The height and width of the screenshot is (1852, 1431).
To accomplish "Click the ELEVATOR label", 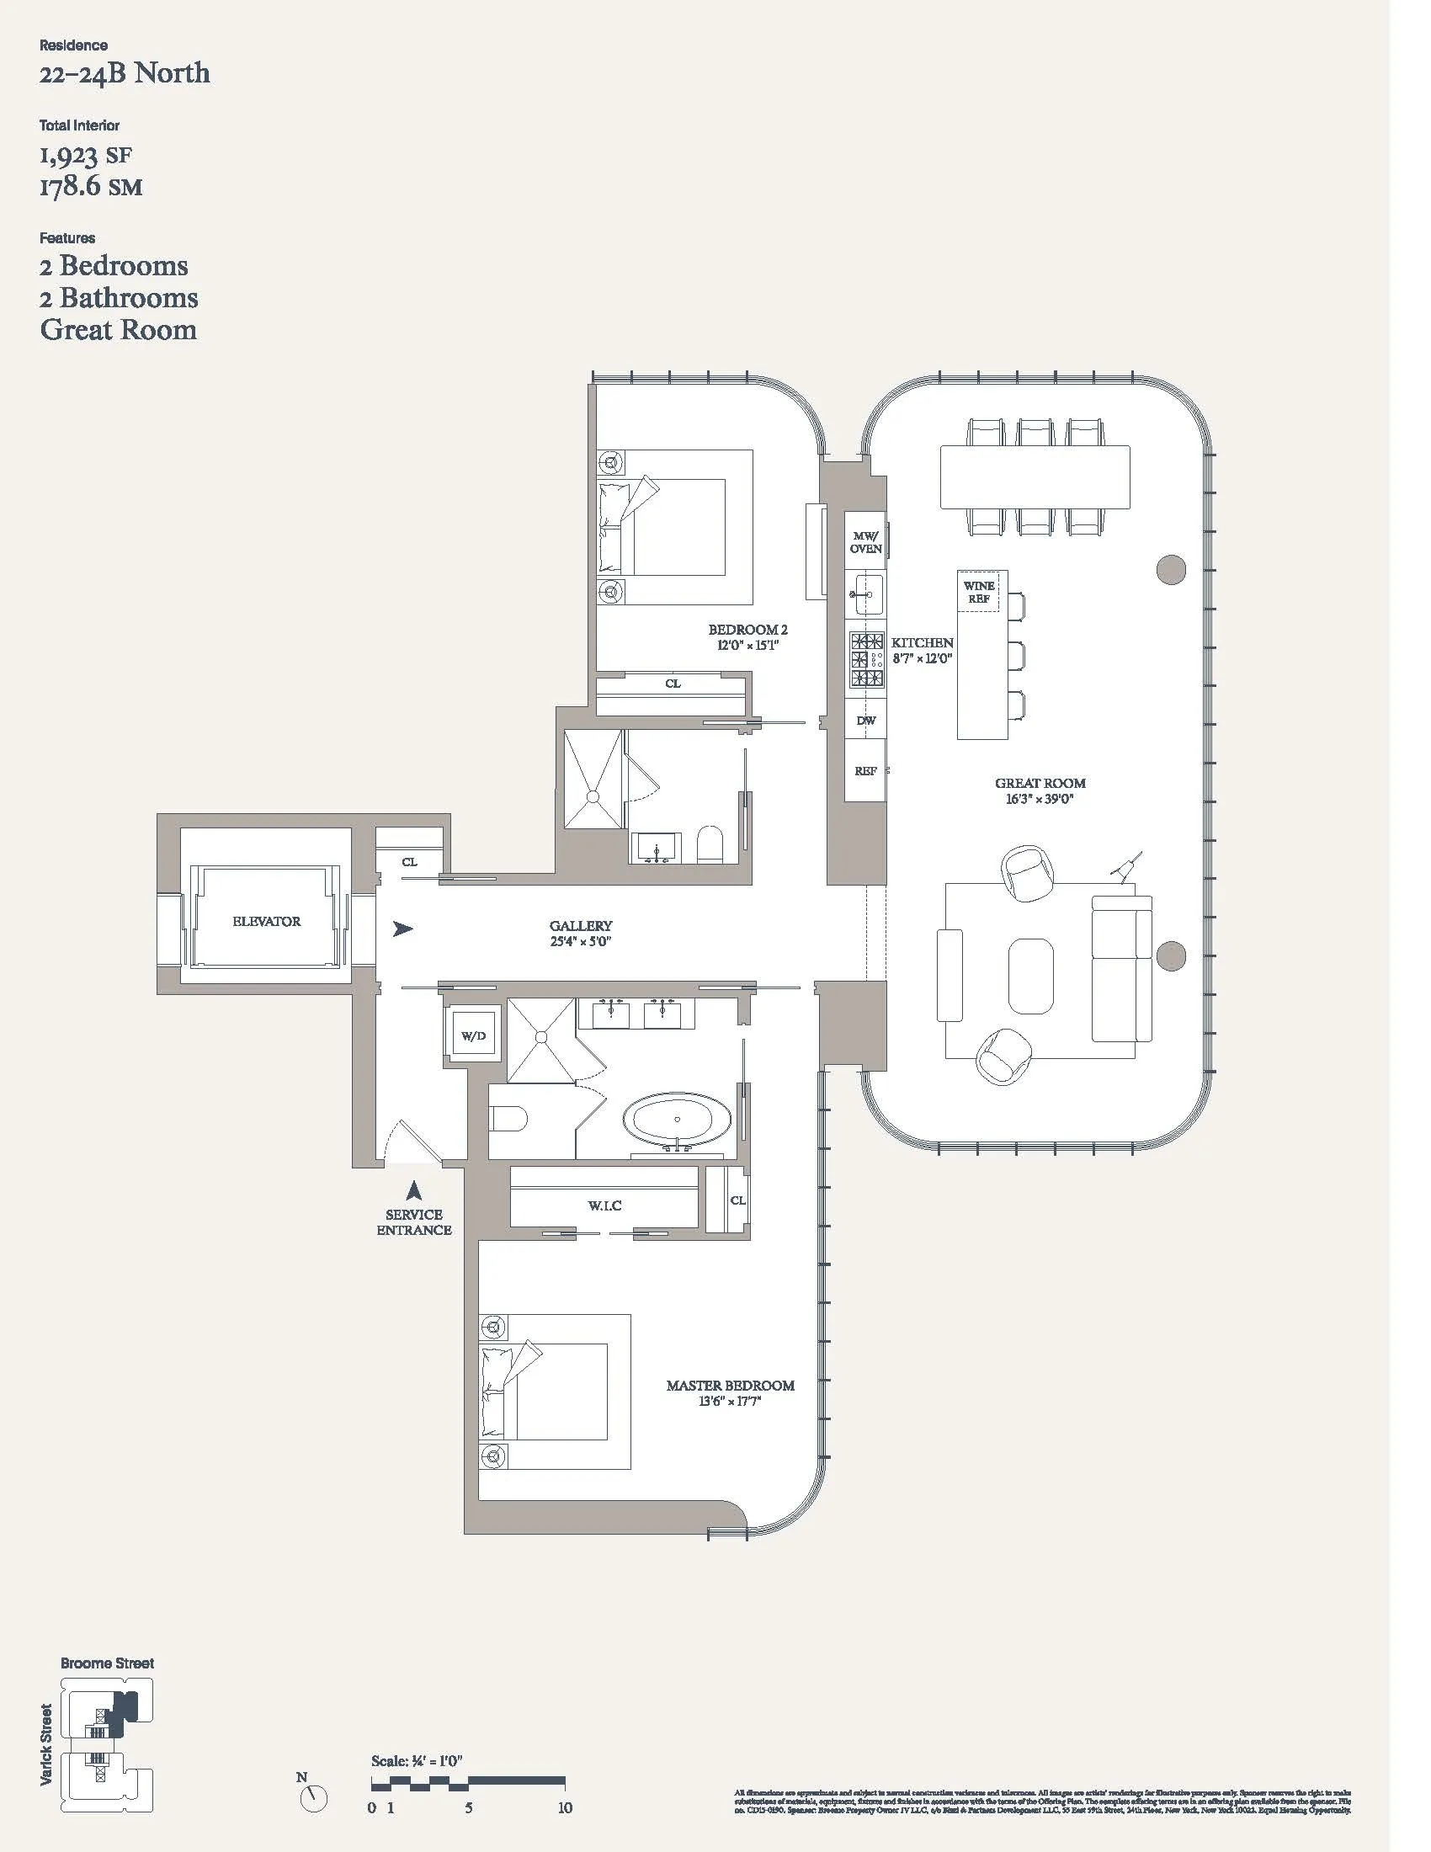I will point(266,921).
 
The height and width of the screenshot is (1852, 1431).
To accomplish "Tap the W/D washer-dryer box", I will point(473,1036).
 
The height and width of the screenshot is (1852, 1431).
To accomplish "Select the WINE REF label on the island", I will point(979,592).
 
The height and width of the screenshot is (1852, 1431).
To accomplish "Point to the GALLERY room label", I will point(581,926).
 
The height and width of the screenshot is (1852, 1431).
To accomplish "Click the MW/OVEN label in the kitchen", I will point(865,543).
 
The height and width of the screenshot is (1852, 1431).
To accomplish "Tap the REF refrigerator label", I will point(865,771).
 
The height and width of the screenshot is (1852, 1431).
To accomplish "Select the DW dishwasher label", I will point(865,721).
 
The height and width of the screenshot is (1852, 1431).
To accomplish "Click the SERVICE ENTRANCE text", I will point(413,1222).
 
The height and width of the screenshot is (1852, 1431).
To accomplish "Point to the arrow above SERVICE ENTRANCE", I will point(413,1190).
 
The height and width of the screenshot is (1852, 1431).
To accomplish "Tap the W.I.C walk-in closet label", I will point(604,1205).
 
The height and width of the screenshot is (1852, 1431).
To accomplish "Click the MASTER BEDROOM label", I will point(730,1386).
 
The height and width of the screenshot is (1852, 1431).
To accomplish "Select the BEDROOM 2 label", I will point(747,629).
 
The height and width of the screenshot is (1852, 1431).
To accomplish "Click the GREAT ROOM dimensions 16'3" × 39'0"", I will point(1040,799).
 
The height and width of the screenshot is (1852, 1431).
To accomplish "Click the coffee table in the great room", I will point(1031,975).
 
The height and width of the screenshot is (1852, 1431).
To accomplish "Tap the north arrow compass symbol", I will point(314,1796).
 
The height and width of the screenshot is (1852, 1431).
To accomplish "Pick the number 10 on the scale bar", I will point(565,1807).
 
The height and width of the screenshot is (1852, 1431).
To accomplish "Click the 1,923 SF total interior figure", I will point(86,155).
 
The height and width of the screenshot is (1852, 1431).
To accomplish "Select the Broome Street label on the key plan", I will point(108,1663).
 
